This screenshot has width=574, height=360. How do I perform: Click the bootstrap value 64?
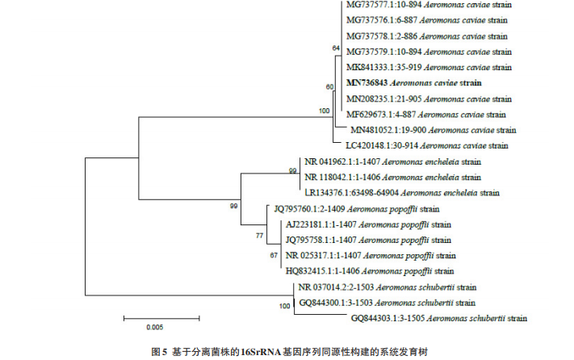coord(336,49)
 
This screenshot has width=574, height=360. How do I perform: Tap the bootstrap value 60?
coord(329,86)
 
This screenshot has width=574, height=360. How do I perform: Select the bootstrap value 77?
coord(259,236)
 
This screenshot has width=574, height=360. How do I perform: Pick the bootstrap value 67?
coord(274,256)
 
